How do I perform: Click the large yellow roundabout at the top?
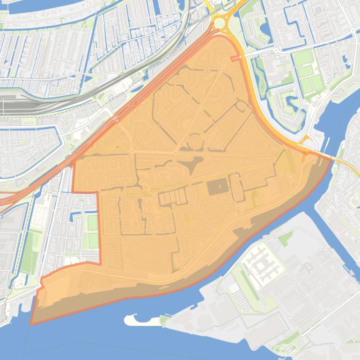tap(219, 22)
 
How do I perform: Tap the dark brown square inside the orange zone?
tap(217, 187)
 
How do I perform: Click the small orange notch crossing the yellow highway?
tap(237, 58)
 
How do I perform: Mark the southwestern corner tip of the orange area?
tap(31, 324)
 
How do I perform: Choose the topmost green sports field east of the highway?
tap(302, 58)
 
